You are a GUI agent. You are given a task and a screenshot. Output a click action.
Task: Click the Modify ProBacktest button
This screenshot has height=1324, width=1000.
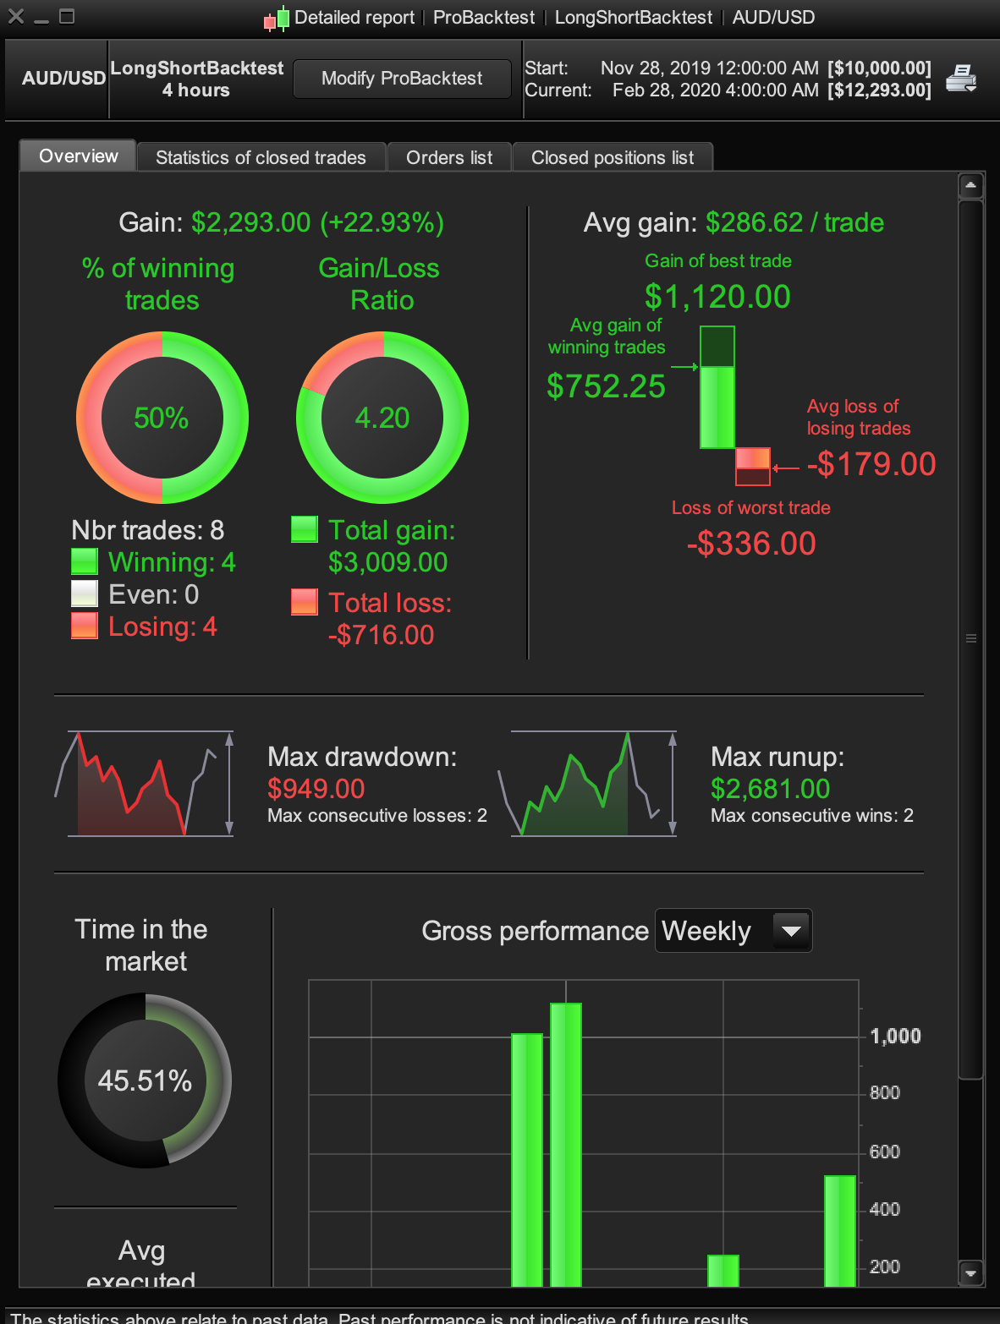click(x=402, y=79)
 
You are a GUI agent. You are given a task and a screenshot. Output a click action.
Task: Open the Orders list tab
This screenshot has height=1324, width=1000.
click(x=449, y=157)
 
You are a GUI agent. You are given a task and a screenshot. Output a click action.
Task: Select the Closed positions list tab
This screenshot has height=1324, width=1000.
click(x=613, y=157)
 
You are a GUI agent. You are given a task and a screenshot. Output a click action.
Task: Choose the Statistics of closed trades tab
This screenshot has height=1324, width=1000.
click(x=261, y=157)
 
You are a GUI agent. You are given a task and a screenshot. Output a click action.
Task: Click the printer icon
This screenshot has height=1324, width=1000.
click(x=961, y=79)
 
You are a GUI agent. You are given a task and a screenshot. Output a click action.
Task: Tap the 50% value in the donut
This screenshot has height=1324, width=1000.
click(x=162, y=418)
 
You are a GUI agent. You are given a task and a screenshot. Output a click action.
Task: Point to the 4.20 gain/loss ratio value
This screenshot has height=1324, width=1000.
click(x=382, y=418)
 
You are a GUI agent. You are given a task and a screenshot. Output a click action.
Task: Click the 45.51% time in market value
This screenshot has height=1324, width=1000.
click(x=145, y=1081)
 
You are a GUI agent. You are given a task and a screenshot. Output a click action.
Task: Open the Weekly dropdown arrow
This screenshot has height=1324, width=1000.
click(x=791, y=931)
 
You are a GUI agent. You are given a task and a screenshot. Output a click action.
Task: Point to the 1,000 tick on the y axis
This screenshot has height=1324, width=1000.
click(x=895, y=1036)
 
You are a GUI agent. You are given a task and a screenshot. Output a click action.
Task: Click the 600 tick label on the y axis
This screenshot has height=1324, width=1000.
click(x=884, y=1152)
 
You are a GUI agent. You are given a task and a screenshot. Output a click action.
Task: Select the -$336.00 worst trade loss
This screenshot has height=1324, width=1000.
click(x=751, y=543)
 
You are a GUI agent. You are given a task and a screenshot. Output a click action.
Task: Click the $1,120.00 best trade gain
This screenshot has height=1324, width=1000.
click(x=717, y=297)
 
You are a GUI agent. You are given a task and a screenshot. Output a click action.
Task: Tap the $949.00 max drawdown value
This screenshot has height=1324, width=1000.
click(x=316, y=789)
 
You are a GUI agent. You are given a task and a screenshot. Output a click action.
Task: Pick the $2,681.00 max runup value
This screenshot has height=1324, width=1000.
click(x=770, y=789)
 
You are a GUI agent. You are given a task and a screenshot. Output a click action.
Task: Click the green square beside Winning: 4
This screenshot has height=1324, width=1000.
click(x=85, y=562)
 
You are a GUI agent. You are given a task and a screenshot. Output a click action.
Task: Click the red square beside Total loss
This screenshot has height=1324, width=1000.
click(x=305, y=602)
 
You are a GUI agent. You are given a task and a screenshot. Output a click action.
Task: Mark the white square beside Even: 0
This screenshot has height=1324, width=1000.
click(x=85, y=594)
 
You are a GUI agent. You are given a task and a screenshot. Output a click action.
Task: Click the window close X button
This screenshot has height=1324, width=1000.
click(x=16, y=16)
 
